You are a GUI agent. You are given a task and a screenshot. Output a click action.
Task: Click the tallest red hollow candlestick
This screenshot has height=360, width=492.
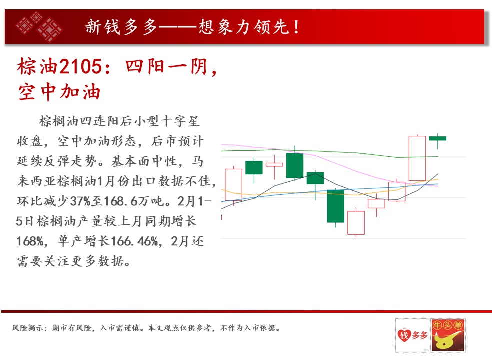tap(417, 158)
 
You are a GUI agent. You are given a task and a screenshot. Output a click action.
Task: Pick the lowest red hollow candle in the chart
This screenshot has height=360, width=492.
tap(356, 223)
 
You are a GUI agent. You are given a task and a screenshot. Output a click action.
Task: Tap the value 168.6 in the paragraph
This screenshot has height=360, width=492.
tap(121, 201)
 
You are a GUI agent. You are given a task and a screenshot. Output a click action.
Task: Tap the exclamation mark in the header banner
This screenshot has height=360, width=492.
tap(296, 27)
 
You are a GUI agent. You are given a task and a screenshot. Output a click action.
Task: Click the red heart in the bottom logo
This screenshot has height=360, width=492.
tap(404, 335)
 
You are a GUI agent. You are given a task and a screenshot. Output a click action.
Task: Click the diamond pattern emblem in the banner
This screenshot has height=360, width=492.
tap(40, 26)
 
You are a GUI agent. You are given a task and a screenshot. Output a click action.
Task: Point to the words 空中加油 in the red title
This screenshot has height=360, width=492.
tap(59, 92)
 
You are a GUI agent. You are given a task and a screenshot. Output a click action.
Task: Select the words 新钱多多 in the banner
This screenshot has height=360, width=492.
tap(121, 27)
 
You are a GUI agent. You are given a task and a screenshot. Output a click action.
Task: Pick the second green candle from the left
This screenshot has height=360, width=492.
tap(295, 165)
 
